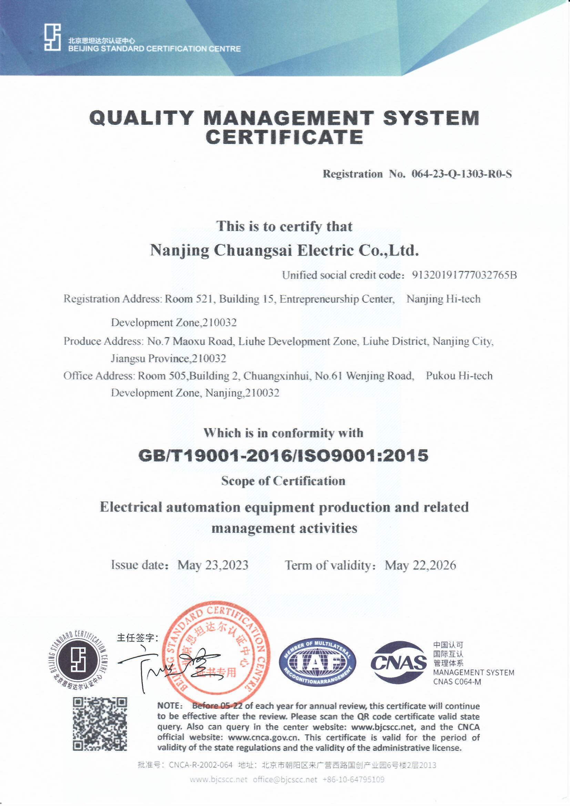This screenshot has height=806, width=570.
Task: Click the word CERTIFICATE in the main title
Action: [x=284, y=137]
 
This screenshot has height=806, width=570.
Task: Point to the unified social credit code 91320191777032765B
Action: [x=464, y=275]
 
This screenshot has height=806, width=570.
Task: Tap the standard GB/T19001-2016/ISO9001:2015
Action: [x=284, y=456]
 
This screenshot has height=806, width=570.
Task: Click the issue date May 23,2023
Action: [x=213, y=565]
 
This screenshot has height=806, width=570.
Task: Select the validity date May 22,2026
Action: [x=420, y=565]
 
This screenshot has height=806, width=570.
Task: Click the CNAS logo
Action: [x=398, y=662]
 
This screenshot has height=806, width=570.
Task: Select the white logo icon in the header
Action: [x=53, y=37]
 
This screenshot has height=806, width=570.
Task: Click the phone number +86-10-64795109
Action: [x=354, y=780]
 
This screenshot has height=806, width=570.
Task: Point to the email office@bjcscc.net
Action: [x=285, y=780]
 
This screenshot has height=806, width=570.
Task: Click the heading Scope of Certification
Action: [x=283, y=481]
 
